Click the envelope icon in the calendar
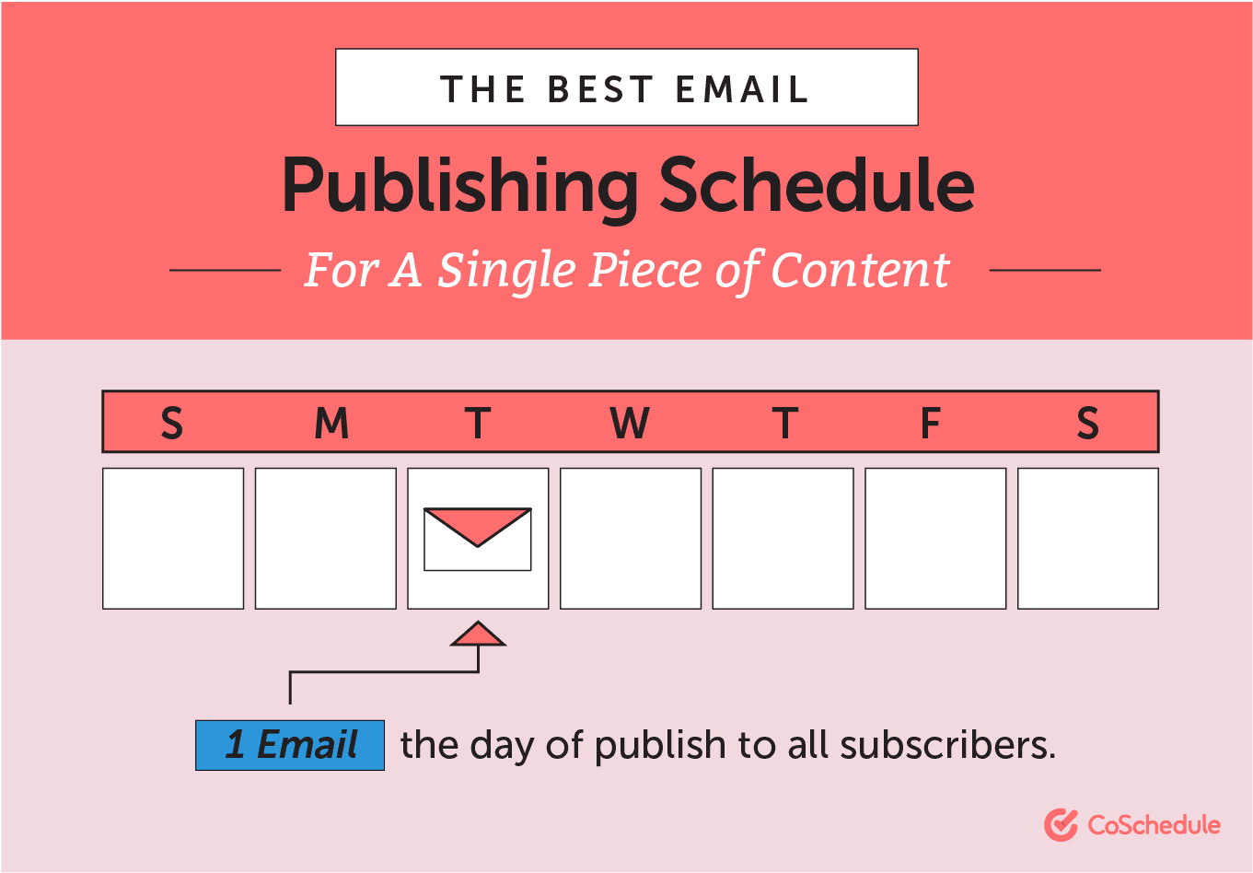point(478,539)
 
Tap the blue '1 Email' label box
point(290,745)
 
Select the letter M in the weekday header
point(331,423)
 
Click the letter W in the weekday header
point(630,423)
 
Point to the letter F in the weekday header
point(930,423)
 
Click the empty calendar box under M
point(326,539)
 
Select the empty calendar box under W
point(631,539)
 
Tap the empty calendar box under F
point(935,539)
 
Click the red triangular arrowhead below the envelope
point(478,634)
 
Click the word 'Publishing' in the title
point(459,186)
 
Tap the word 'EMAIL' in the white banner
point(742,89)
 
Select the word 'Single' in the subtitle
point(506,271)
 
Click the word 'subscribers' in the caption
point(947,745)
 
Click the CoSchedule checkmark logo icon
point(1061,825)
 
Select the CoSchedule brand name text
point(1154,825)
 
